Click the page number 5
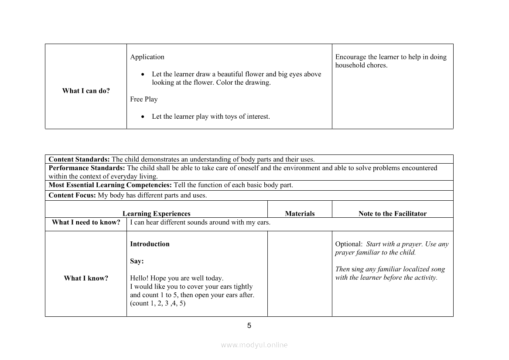249,326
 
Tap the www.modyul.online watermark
254,345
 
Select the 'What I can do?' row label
86,91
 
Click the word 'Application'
147,57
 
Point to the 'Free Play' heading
143,99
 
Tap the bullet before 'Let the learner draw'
143,75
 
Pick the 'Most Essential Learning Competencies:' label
110,185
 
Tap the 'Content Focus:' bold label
72,195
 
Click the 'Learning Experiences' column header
157,213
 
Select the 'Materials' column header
300,213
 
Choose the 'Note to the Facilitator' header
392,213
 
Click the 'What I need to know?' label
86,222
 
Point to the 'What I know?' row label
86,278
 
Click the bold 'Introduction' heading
150,244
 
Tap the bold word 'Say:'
137,261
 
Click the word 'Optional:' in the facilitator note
348,244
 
